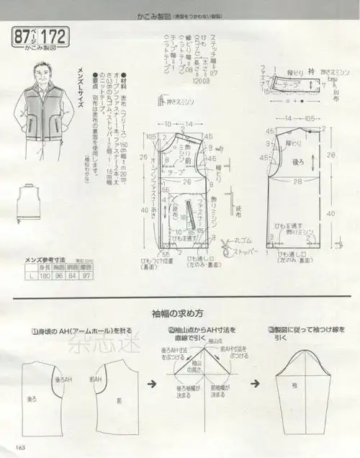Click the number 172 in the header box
55,35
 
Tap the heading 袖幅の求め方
177,314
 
